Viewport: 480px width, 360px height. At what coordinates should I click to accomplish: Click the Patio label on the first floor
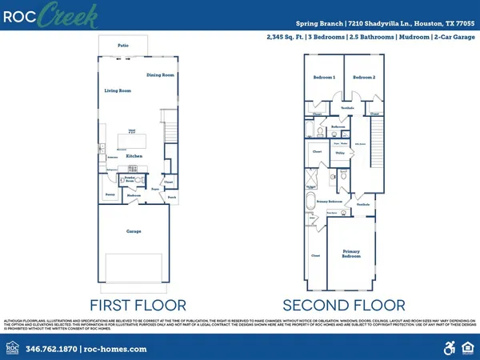click(123, 46)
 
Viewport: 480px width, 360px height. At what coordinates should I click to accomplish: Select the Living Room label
click(117, 90)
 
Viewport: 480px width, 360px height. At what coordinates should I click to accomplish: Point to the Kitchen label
click(134, 155)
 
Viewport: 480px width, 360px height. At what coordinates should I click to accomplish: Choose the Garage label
click(133, 231)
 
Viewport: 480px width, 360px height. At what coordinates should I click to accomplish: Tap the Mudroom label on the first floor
click(134, 194)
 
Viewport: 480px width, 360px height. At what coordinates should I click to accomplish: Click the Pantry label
click(110, 194)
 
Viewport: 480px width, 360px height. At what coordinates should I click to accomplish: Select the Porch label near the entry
click(170, 197)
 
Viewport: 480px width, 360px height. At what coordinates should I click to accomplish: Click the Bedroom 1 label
click(323, 77)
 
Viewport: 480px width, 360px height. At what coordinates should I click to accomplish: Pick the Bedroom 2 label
click(364, 77)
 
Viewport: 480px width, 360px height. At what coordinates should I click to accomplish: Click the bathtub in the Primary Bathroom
click(311, 200)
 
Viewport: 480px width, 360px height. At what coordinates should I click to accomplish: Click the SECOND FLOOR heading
click(343, 305)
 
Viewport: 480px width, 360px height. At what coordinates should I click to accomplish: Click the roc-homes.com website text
click(117, 349)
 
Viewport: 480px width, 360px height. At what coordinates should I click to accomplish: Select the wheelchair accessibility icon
click(450, 348)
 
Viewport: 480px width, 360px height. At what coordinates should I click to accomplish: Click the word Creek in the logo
click(70, 15)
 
